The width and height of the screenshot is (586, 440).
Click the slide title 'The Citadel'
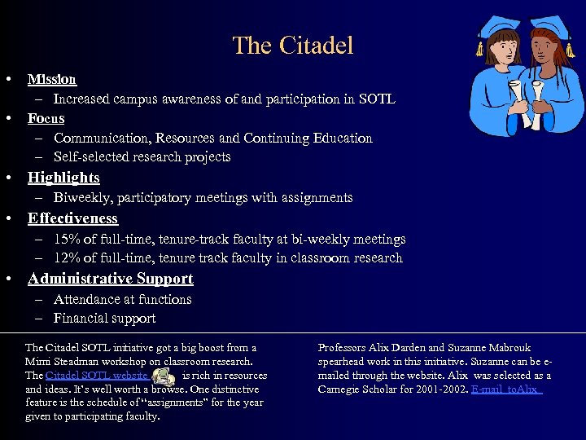[293, 45]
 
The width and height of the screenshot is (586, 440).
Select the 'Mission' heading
[51, 79]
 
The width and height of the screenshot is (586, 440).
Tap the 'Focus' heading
[46, 118]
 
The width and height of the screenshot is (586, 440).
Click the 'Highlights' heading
[63, 178]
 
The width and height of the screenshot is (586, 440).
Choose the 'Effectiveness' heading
[72, 218]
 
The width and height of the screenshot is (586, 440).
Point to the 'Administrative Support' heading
[110, 279]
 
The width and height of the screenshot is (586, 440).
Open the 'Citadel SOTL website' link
[97, 376]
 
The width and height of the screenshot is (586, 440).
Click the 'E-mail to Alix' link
[506, 389]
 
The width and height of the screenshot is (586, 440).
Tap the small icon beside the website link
[164, 376]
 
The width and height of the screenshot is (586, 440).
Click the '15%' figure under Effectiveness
[67, 239]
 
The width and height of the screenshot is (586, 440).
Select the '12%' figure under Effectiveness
[67, 258]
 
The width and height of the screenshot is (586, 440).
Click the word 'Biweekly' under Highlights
[81, 197]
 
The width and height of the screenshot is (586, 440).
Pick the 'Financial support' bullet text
[104, 319]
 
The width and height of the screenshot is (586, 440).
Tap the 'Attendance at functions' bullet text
[122, 299]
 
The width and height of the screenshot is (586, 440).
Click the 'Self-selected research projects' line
[142, 157]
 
